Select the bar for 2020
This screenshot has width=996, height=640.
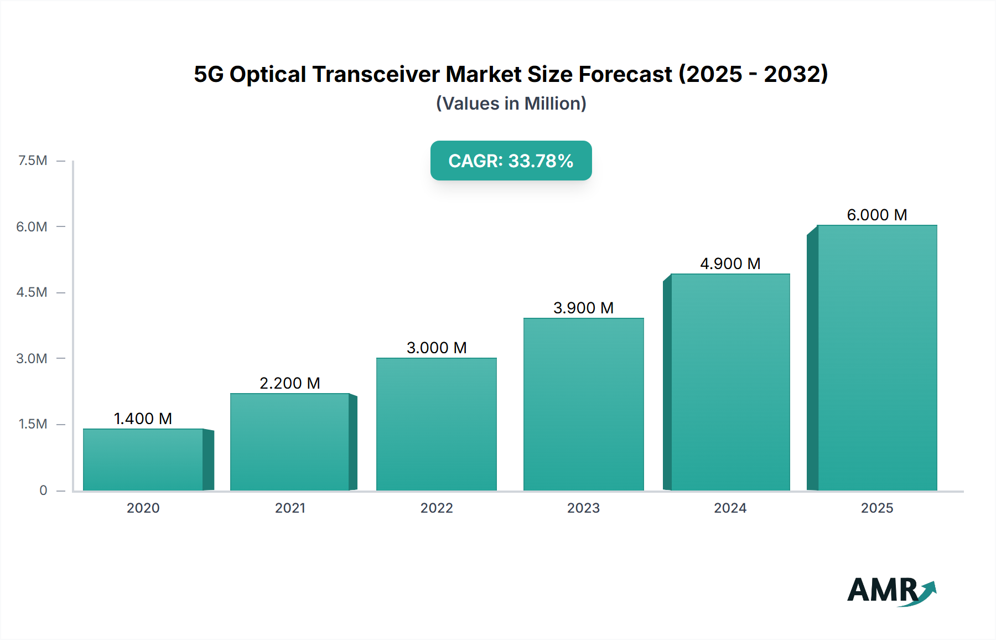(x=143, y=460)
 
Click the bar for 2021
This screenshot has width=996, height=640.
(x=290, y=442)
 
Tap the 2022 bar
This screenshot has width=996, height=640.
(x=437, y=424)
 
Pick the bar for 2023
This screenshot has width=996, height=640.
(x=584, y=404)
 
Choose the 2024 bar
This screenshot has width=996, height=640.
(x=730, y=382)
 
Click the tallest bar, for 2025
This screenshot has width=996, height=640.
(x=877, y=358)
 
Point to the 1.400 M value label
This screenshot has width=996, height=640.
(x=143, y=419)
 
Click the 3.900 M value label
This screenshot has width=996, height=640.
(x=584, y=308)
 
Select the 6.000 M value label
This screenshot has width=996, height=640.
(x=877, y=215)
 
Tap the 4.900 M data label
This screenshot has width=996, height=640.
(x=730, y=264)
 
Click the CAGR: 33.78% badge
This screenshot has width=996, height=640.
(x=511, y=161)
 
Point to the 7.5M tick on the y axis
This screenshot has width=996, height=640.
(x=33, y=161)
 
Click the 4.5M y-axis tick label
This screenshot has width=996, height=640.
(x=32, y=292)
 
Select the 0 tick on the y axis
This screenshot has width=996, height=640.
(x=43, y=491)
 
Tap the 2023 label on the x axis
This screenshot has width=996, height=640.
(x=583, y=508)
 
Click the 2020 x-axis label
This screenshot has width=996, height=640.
(x=143, y=508)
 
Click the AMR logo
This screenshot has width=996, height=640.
(x=891, y=591)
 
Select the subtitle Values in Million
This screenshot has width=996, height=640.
(x=511, y=104)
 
